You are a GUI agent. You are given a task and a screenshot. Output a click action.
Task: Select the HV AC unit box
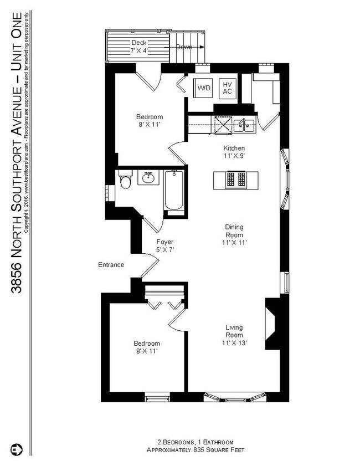227,88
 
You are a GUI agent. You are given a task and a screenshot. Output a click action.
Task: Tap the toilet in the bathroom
126,182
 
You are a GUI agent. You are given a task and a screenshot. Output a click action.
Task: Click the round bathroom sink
148,178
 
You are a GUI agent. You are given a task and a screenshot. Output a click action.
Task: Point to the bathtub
173,192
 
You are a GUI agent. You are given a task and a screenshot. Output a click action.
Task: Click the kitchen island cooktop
235,180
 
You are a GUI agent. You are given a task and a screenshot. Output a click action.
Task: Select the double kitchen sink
244,125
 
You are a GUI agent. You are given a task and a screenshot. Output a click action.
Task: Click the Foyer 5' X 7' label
165,246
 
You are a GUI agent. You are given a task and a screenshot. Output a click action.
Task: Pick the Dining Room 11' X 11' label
235,234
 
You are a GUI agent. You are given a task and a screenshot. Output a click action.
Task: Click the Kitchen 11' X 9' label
234,152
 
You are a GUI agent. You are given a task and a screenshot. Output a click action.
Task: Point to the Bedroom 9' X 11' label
147,347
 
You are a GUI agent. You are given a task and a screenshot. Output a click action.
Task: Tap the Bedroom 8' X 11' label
150,121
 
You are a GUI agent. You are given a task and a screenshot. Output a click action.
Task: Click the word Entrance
111,265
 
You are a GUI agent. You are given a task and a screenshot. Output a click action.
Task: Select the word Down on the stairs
184,47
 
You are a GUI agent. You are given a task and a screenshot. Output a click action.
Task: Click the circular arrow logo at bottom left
16,448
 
